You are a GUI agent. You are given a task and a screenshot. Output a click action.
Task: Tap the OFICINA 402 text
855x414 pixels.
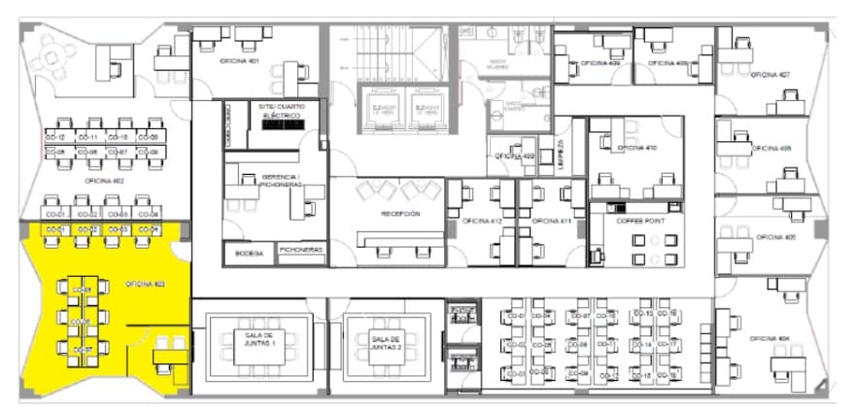tap(103, 181)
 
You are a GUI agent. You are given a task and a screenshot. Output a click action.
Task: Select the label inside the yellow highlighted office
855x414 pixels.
tap(144, 284)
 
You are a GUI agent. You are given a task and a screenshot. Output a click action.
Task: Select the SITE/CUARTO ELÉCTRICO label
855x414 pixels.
tap(283, 110)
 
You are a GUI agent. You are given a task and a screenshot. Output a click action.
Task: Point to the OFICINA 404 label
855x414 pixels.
tap(769, 338)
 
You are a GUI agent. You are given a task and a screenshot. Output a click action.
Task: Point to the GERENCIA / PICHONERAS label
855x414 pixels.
tap(283, 180)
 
